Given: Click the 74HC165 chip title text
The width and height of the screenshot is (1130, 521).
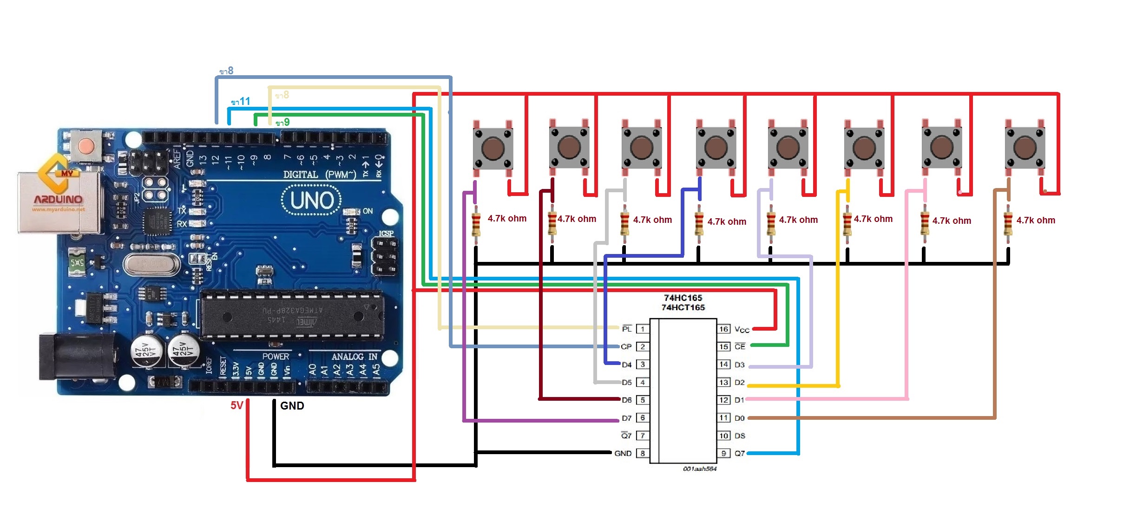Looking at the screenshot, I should [x=683, y=298].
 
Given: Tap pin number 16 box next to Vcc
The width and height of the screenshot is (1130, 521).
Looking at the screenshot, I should [x=723, y=329].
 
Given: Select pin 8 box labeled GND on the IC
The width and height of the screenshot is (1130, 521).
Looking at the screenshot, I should [x=643, y=453].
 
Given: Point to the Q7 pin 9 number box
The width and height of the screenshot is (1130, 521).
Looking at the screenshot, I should [x=723, y=453].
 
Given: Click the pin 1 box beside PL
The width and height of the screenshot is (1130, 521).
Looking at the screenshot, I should [x=643, y=329].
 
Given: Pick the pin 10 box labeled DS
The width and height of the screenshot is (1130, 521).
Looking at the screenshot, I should [x=723, y=436].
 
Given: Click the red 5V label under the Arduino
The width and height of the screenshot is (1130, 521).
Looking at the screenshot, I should [x=237, y=405].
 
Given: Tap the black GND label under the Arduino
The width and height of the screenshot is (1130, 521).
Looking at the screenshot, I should [x=292, y=405].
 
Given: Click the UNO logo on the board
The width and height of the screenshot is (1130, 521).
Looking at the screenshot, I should [x=312, y=201].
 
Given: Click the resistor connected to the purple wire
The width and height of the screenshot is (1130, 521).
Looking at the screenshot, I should [x=476, y=224].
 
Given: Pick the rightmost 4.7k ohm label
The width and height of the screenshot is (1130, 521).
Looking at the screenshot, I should [x=1036, y=220].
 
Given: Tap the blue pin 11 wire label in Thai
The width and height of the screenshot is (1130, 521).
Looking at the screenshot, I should [x=241, y=101].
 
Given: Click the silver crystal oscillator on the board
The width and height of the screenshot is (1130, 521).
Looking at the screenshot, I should [x=151, y=264].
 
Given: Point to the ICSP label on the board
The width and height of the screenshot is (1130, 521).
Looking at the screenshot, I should [x=386, y=233].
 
